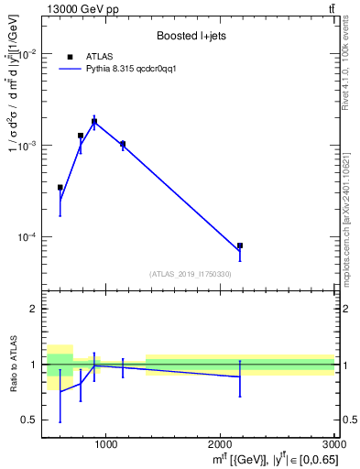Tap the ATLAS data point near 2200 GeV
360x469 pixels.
tap(240, 245)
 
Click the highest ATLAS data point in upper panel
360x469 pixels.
tap(93, 121)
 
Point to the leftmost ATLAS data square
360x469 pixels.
tap(60, 187)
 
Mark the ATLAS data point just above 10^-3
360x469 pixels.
tap(123, 144)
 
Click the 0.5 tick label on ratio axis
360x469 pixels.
tap(27, 420)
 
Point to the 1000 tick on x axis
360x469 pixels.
tap(105, 444)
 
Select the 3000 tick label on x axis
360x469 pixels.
tap(333, 444)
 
